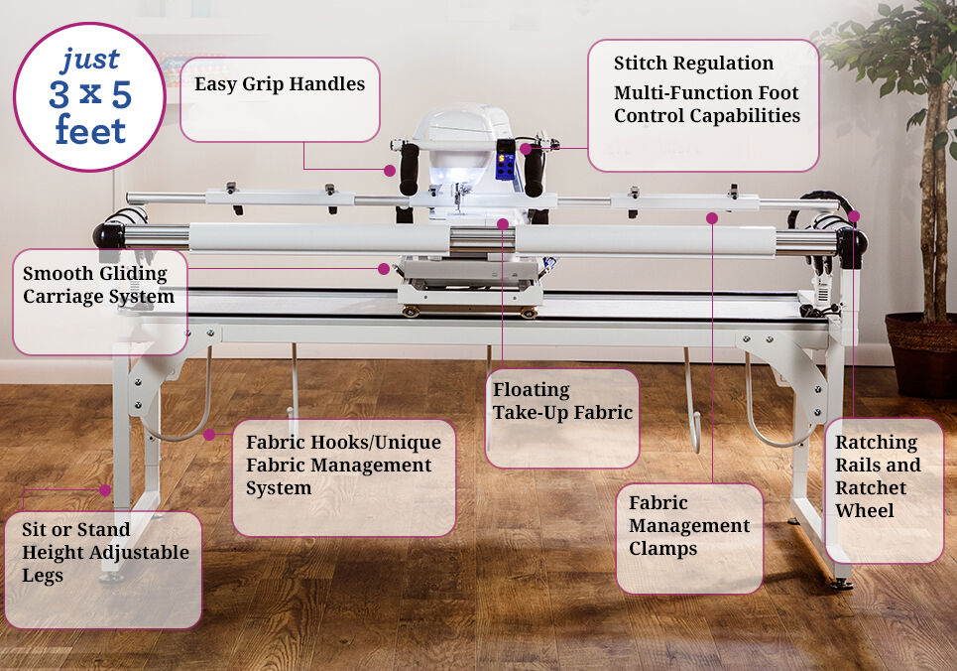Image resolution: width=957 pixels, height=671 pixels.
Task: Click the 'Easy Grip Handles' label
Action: [x=280, y=84]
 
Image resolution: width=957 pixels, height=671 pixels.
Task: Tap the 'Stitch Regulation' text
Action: [x=693, y=64]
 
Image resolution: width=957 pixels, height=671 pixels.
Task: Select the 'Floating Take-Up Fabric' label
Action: [x=562, y=401]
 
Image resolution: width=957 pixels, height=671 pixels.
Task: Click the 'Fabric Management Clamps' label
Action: [x=689, y=526]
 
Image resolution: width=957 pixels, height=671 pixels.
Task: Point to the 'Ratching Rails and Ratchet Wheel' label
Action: [x=878, y=476]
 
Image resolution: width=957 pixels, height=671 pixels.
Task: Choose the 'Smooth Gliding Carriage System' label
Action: [x=98, y=284]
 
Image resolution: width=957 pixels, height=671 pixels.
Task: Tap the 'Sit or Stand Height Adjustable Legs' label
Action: [x=105, y=552]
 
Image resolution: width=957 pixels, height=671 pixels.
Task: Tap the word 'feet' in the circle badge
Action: [x=90, y=131]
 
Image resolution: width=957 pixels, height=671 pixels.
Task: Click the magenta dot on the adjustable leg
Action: [x=105, y=489]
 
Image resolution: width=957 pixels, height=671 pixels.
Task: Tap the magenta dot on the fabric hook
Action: [x=209, y=434]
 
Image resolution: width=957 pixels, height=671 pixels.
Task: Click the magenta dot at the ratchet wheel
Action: [x=854, y=215]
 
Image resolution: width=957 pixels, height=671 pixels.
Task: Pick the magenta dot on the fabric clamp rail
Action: [x=712, y=217]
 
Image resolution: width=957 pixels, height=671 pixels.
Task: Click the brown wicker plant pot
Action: [x=921, y=353]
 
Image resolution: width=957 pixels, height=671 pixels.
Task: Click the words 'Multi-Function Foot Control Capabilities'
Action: [x=706, y=105]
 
